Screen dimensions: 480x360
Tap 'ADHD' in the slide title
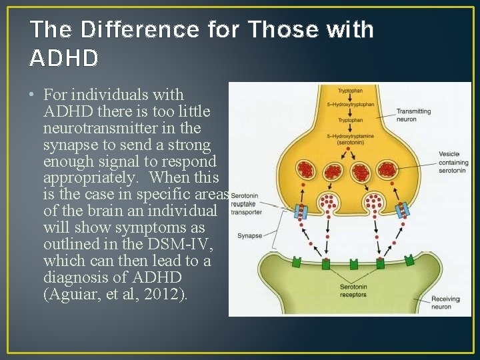tap(64, 59)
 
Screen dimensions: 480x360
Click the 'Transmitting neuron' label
tap(413, 115)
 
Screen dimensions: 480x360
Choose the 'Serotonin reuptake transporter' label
tap(246, 205)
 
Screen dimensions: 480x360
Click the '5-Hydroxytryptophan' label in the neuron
tap(355, 105)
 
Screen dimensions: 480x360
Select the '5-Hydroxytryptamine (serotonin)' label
tap(355, 139)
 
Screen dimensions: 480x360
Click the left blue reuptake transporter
tap(301, 212)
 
